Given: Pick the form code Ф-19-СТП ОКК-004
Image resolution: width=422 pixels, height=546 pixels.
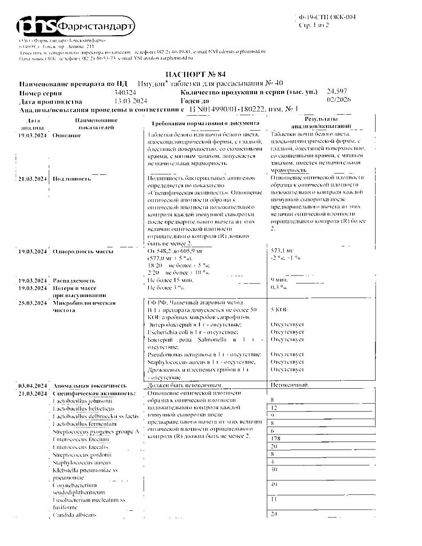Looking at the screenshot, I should (x=327, y=17).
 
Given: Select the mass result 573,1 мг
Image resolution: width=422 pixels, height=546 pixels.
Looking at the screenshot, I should (x=283, y=250).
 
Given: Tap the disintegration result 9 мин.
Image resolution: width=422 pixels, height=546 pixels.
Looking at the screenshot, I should (x=281, y=279).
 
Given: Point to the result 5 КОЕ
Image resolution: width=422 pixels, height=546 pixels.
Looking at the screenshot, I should (x=280, y=309).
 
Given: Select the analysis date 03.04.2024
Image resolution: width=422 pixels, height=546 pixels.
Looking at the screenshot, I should (x=34, y=385).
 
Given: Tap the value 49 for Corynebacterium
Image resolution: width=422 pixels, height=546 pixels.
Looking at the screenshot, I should (x=275, y=484).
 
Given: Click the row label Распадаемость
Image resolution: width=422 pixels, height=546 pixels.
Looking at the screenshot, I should (x=74, y=280).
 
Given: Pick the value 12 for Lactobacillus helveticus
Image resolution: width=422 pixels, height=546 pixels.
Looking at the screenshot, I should (x=275, y=407).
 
